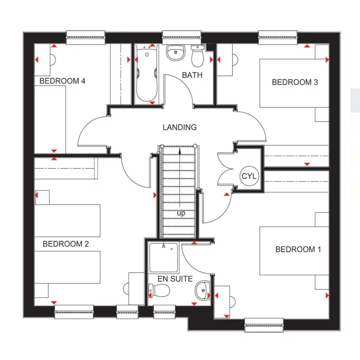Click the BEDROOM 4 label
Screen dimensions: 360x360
[x=62, y=81]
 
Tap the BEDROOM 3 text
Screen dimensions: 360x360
[x=295, y=82]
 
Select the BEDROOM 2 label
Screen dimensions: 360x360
[x=66, y=244]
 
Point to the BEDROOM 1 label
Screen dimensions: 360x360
[x=298, y=250]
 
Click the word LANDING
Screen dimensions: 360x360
[x=180, y=128]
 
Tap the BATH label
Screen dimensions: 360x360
[x=192, y=75]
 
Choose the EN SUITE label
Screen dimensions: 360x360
[x=175, y=279]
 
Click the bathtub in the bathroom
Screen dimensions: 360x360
[x=146, y=74]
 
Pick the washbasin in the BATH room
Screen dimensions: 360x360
[x=175, y=53]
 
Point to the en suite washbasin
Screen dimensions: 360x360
[x=203, y=289]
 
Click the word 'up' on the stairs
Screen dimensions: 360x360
[x=181, y=214]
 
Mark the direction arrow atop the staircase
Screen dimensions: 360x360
[x=180, y=151]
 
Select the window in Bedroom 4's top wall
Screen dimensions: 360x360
[x=86, y=38]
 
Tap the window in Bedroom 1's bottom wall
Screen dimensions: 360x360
[x=264, y=325]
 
